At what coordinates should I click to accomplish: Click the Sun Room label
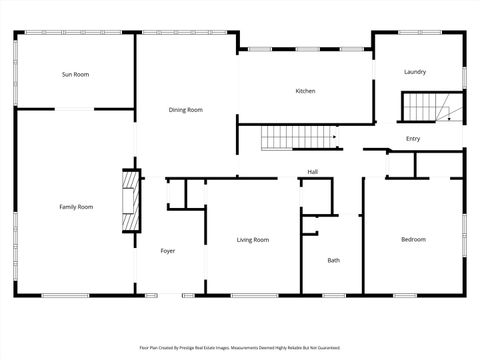[x=75, y=74]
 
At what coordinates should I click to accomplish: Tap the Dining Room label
[x=185, y=109]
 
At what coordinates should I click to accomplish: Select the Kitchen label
[x=305, y=91]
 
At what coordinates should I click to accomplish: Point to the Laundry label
[x=414, y=72]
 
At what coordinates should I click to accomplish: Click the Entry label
[x=413, y=138]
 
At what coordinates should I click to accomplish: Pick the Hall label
[x=312, y=171]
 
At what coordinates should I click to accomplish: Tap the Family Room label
[x=76, y=206]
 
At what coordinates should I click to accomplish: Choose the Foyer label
[x=168, y=250]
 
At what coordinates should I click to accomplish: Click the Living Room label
[x=252, y=239]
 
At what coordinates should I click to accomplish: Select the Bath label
[x=333, y=260]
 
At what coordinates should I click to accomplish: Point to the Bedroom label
[x=413, y=239]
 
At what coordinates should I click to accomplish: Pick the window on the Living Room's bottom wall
[x=254, y=295]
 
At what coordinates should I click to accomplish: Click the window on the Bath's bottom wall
[x=333, y=295]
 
